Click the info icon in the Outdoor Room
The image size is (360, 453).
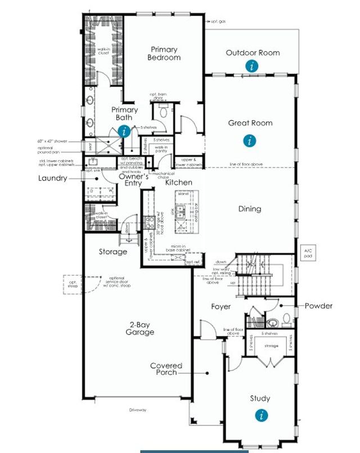253,66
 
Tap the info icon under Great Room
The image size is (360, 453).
249,141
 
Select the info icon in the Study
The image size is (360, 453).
260,415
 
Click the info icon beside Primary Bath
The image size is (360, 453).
125,132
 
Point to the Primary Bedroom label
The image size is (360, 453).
164,53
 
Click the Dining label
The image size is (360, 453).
249,209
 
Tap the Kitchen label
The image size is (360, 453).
178,183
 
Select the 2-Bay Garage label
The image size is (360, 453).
140,328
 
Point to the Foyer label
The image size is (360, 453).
221,306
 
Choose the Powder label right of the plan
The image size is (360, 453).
318,306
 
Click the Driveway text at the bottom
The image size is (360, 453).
138,410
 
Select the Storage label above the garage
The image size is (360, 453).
113,252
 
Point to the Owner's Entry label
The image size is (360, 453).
133,180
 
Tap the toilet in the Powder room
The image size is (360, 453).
286,319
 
